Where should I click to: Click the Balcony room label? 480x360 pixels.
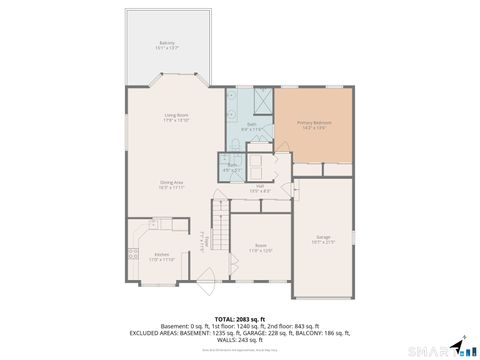point(167,43)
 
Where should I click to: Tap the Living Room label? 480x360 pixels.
point(177,115)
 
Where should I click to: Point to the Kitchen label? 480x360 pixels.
point(161,255)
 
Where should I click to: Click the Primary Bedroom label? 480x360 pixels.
point(314,123)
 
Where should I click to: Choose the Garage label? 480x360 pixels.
point(323,236)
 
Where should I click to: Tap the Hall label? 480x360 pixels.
point(260,186)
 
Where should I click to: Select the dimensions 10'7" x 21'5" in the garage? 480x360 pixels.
point(323,241)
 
